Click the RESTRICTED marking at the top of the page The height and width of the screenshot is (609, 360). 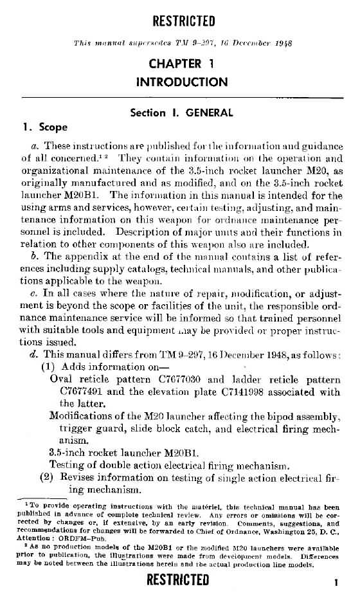click(183, 22)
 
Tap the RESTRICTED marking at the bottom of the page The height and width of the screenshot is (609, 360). click(178, 580)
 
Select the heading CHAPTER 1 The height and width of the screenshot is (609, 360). click(182, 64)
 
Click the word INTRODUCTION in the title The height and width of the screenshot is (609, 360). click(182, 82)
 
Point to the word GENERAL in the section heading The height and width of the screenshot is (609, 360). click(209, 113)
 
